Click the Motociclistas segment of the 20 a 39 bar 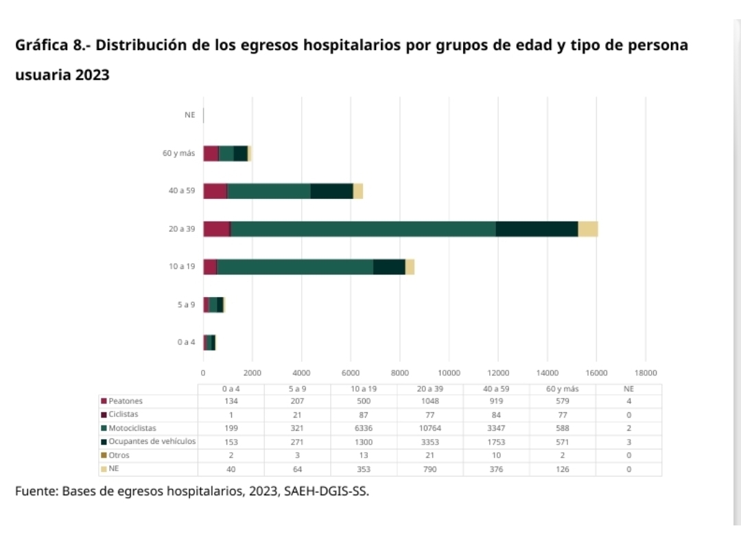363,229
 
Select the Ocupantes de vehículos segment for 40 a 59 331,191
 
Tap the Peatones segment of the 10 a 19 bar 210,267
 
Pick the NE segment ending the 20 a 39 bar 587,229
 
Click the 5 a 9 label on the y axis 186,305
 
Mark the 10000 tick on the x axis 449,372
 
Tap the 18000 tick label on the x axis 646,372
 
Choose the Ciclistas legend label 123,414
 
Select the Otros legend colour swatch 104,455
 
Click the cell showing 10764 430,428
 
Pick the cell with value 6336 364,428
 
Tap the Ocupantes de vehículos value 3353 430,442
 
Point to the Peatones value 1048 430,401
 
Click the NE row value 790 430,469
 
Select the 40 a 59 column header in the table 496,388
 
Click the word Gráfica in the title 40,46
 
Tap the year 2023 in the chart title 93,75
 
